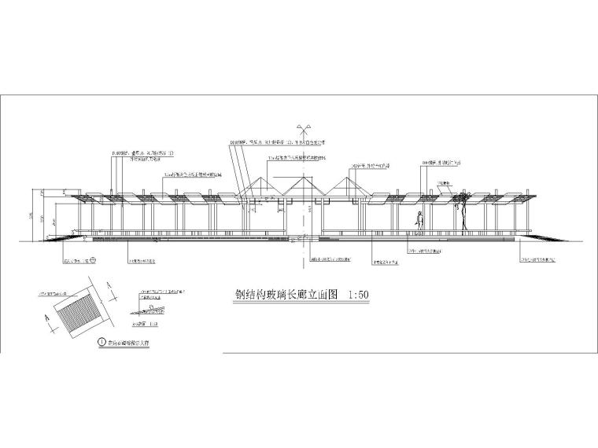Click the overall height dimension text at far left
point(31,214)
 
